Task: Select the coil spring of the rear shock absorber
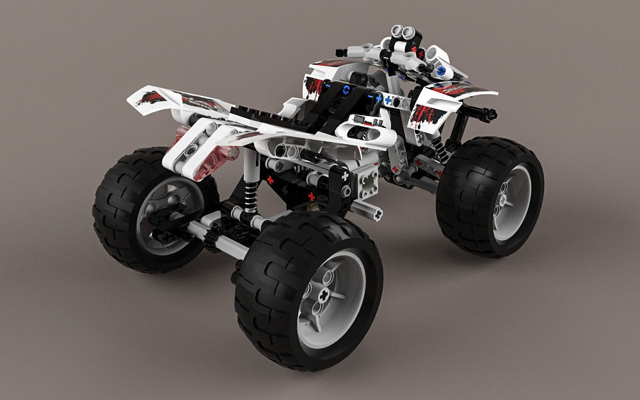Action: coord(250,191)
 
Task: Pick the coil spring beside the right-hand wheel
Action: coord(440,150)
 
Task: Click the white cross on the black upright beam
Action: coord(345,175)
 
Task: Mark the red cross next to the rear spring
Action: coord(270,180)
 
